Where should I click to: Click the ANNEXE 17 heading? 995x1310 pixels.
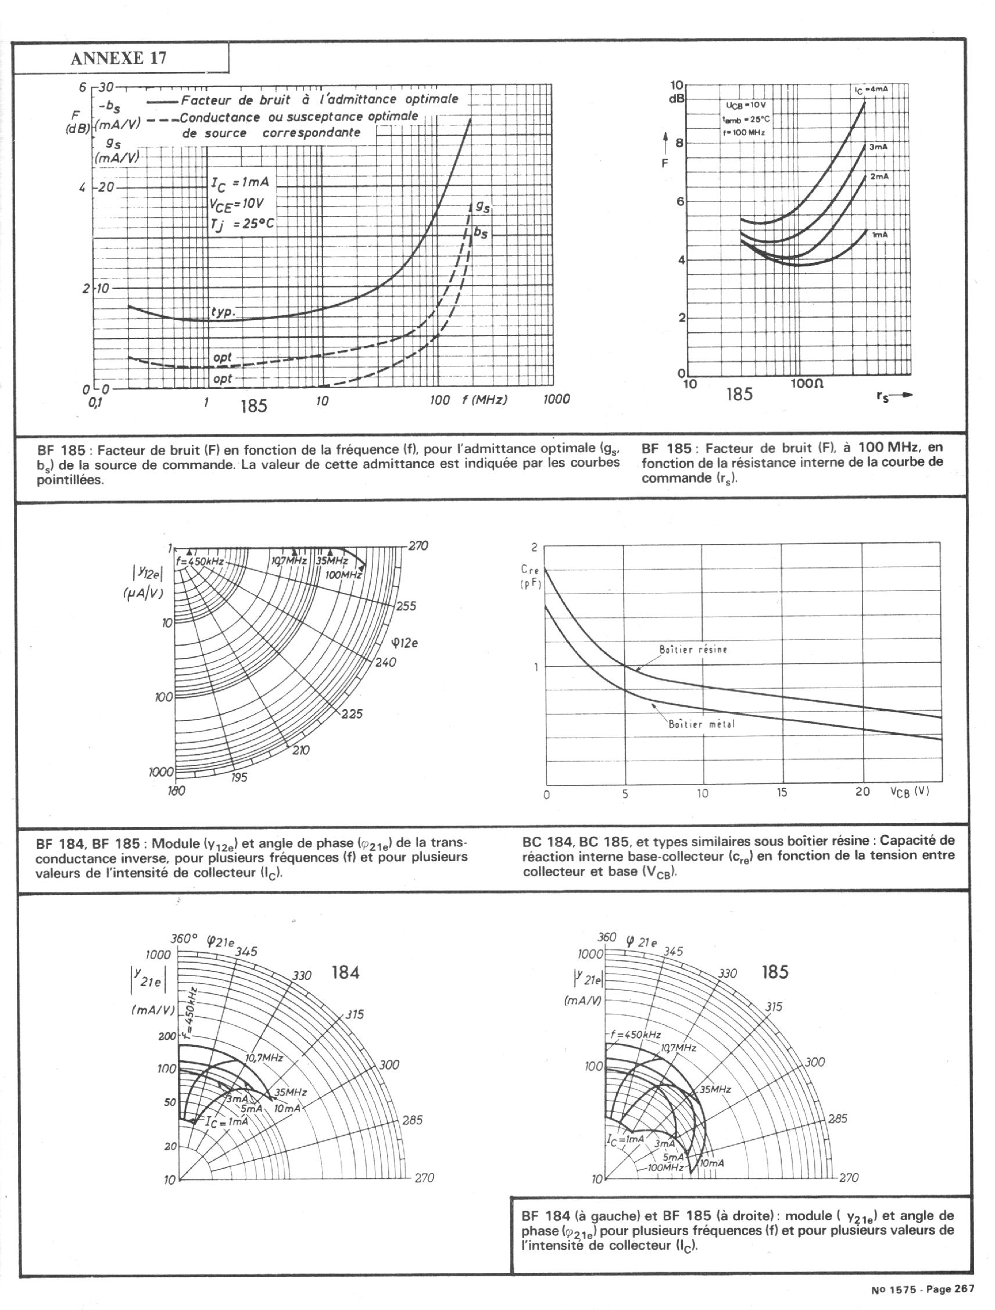[118, 58]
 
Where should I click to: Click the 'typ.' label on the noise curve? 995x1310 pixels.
[223, 312]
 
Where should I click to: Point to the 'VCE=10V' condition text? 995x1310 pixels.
[237, 204]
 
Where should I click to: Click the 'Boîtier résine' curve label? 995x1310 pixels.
[693, 649]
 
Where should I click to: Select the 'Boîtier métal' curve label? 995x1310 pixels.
[701, 724]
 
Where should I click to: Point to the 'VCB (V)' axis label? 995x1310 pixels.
[908, 791]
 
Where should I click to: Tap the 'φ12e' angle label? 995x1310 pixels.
[405, 643]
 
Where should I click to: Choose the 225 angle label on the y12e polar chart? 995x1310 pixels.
[352, 714]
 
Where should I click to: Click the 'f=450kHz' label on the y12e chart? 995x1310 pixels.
[200, 560]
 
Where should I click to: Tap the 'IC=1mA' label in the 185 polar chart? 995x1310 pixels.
[625, 1138]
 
